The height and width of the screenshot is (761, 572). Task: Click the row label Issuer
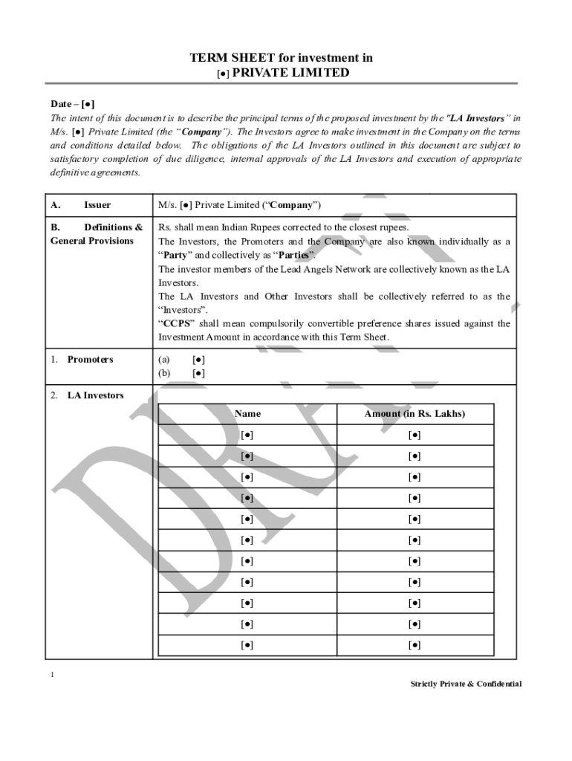tap(97, 205)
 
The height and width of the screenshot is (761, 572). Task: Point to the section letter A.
tap(55, 205)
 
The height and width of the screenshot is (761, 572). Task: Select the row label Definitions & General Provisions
tap(97, 234)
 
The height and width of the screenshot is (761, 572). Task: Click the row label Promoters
tap(90, 360)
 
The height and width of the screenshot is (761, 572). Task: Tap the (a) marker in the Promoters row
tap(163, 360)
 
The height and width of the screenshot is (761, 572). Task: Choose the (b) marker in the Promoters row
tap(163, 373)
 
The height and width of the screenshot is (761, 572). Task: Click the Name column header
tap(247, 414)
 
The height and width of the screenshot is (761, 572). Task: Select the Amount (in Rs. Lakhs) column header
tap(415, 414)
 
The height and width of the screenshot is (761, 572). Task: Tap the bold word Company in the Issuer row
tap(295, 205)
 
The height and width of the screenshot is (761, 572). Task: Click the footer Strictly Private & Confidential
tap(466, 684)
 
